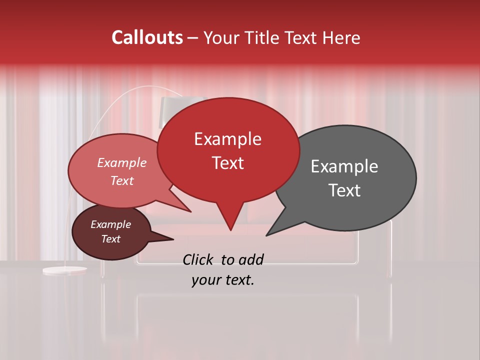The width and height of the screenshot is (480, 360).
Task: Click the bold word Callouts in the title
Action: [x=147, y=37]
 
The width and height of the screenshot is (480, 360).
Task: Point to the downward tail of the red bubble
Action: [x=230, y=220]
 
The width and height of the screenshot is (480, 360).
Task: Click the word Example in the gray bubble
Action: [x=344, y=166]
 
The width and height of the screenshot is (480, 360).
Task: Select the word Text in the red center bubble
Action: [x=228, y=163]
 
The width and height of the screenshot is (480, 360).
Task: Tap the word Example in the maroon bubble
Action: [x=110, y=224]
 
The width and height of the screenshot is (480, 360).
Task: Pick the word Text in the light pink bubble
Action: [x=122, y=180]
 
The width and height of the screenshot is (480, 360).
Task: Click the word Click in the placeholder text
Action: [x=198, y=259]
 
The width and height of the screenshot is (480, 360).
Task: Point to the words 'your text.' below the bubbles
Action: [x=223, y=280]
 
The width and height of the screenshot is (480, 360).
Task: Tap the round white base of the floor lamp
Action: [x=64, y=270]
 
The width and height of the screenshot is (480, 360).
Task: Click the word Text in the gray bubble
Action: [x=344, y=190]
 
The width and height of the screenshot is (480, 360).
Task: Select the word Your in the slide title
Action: [x=221, y=38]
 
